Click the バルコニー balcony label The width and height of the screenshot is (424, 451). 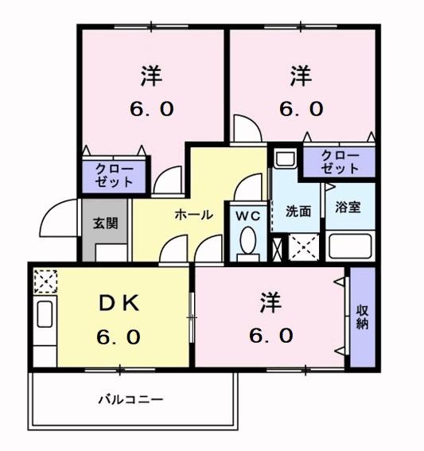coord(131,399)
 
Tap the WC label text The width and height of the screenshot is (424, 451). coord(248,216)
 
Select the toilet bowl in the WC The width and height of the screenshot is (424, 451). coord(248,240)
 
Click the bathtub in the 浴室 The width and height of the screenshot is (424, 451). coord(350,246)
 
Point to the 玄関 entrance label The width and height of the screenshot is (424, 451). coord(105,224)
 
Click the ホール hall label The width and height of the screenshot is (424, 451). coord(194,215)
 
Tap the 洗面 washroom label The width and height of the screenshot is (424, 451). coord(298,211)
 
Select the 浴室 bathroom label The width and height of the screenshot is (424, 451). coord(348,207)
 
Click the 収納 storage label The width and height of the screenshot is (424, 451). coord(362,317)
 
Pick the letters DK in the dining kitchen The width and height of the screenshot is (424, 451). coord(119,303)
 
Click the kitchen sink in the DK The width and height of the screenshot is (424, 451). coord(45,314)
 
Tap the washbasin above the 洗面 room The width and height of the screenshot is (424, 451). coord(285,158)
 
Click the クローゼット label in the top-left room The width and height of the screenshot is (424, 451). coord(115,176)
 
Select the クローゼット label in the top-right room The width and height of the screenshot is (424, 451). coord(340,162)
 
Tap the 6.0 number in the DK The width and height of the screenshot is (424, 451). coord(119,337)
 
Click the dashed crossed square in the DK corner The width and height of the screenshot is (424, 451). coord(45,281)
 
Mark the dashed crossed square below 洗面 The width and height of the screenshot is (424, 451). coord(304,247)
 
